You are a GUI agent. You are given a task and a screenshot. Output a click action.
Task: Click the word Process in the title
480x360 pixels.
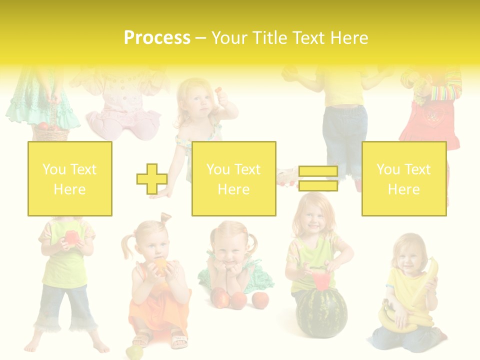point(157,38)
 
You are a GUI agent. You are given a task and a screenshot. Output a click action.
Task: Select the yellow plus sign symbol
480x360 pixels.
point(152,178)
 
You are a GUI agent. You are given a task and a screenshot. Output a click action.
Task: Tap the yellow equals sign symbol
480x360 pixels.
point(318,178)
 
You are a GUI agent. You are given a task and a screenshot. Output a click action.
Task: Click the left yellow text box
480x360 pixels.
point(70,178)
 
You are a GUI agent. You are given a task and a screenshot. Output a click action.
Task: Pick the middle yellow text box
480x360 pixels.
point(233,178)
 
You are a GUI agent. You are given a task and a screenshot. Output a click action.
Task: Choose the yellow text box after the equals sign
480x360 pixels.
point(403,178)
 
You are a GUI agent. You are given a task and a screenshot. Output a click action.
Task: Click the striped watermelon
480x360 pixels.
point(321,312)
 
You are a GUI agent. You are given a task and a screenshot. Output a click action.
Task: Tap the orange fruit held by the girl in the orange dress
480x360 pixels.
point(161,265)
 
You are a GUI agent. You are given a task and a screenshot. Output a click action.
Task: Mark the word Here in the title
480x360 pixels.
point(349,38)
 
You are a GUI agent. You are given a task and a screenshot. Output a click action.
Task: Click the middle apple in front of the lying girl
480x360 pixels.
point(239,300)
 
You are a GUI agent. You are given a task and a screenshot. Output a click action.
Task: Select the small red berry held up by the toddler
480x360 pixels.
point(218,90)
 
